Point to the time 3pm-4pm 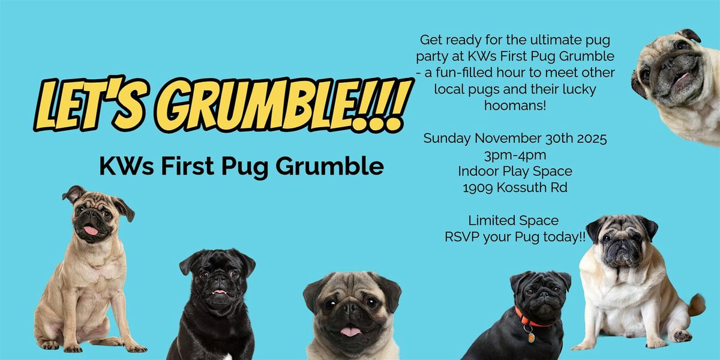(515, 155)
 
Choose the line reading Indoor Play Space (515, 171)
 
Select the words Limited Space (514, 220)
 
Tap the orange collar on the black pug (532, 318)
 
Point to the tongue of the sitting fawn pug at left (90, 230)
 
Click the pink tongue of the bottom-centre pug (350, 332)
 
